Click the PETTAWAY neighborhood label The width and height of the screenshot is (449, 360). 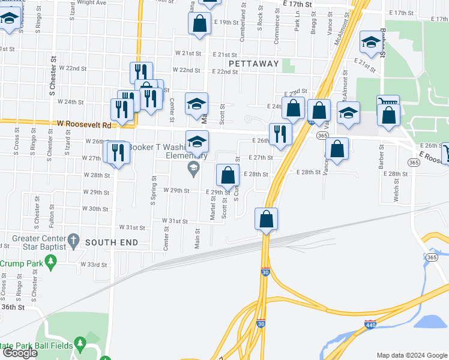(254, 63)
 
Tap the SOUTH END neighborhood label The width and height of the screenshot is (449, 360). (112, 242)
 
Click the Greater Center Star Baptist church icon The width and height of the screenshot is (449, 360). (73, 239)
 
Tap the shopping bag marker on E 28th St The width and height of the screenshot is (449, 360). (227, 176)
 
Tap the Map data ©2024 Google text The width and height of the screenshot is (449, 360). (411, 355)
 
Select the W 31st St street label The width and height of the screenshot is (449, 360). (132, 227)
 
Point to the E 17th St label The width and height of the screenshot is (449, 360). (298, 4)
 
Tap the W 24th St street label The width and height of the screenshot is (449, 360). (71, 102)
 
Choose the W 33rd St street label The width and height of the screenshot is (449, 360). (95, 264)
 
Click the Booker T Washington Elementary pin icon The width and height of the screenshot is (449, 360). (193, 168)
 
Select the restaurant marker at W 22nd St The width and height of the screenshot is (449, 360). (141, 73)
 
